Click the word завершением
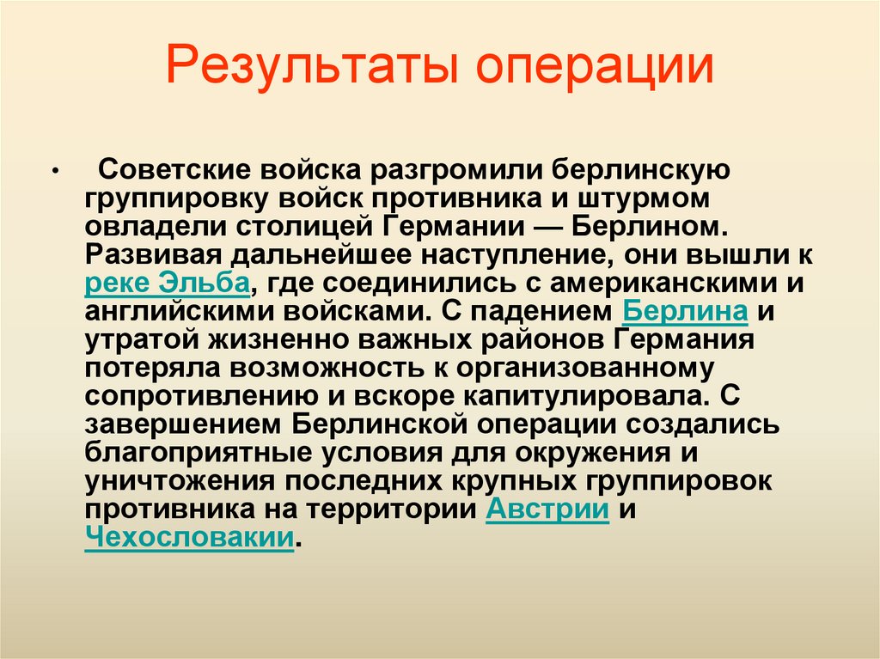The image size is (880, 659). (x=182, y=425)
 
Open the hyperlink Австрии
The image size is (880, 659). (x=547, y=510)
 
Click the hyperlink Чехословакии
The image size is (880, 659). (x=188, y=539)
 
